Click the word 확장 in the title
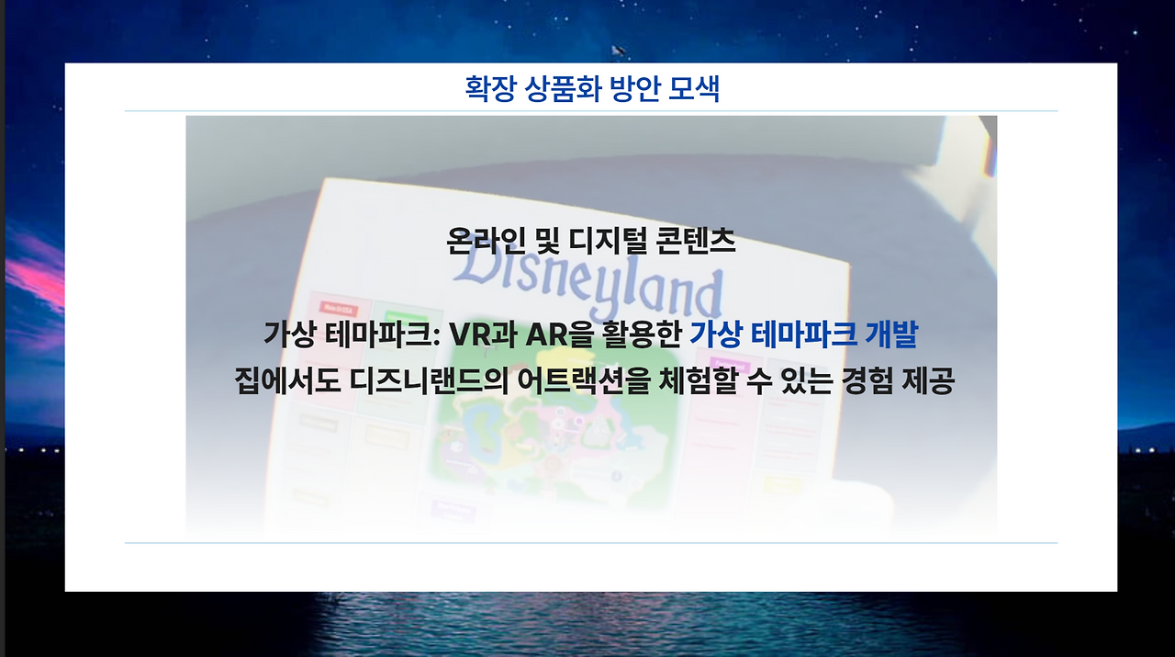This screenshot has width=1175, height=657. click(x=491, y=89)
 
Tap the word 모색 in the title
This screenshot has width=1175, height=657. click(x=694, y=89)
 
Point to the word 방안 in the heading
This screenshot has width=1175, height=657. click(x=634, y=89)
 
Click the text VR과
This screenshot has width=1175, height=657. click(x=484, y=335)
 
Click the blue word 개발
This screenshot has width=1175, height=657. click(x=891, y=335)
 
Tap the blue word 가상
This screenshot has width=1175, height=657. click(x=716, y=335)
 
